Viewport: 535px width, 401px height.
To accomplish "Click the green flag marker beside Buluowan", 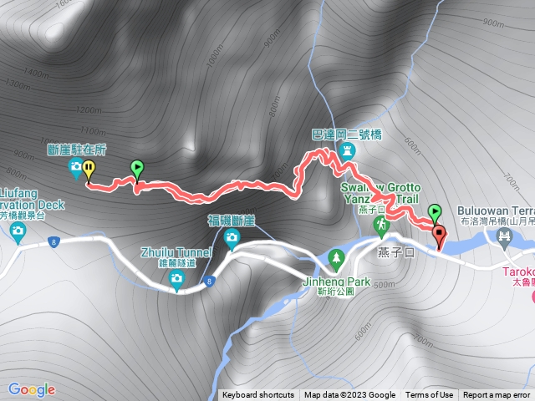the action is pos(434,212).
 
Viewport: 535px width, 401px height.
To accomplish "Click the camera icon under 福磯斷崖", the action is pos(231,239).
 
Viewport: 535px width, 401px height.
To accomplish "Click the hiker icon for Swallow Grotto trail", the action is pos(381,226).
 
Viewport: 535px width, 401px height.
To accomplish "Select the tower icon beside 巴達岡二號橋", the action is pos(349,150).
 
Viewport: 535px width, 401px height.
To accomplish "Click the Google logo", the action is pos(32,389).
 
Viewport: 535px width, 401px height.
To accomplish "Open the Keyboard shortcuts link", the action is pos(258,395).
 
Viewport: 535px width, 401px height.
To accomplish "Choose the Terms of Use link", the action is pos(430,395).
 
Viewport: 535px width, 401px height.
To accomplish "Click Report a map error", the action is pos(497,395).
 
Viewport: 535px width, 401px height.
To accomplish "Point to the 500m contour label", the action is pos(385,285).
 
